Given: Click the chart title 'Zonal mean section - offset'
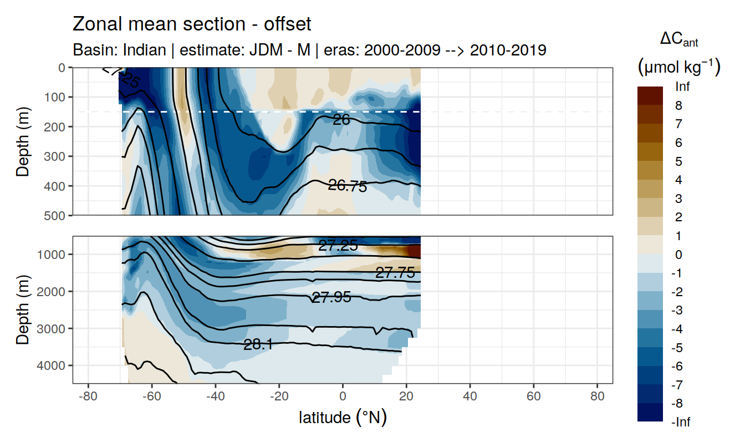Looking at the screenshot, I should click(x=192, y=24).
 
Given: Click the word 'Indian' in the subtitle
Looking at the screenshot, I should click(x=146, y=50).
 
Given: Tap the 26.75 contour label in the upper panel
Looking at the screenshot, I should click(x=348, y=186).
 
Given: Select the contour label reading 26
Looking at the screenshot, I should click(x=341, y=119).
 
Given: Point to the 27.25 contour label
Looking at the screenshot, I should click(x=338, y=246).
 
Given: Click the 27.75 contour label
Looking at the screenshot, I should click(x=395, y=272).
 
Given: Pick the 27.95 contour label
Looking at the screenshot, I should click(x=331, y=297).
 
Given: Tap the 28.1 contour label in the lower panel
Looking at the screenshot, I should click(x=258, y=345).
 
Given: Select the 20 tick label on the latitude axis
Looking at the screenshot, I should click(x=406, y=398).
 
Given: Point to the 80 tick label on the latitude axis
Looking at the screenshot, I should click(x=597, y=398).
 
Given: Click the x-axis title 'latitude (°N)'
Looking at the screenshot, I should click(x=343, y=418).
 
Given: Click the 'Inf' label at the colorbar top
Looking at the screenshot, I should click(x=682, y=87).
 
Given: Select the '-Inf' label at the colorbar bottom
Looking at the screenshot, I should click(x=681, y=422).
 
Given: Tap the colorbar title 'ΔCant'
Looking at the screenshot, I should click(x=678, y=40).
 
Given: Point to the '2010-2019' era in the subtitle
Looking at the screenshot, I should click(x=508, y=50).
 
